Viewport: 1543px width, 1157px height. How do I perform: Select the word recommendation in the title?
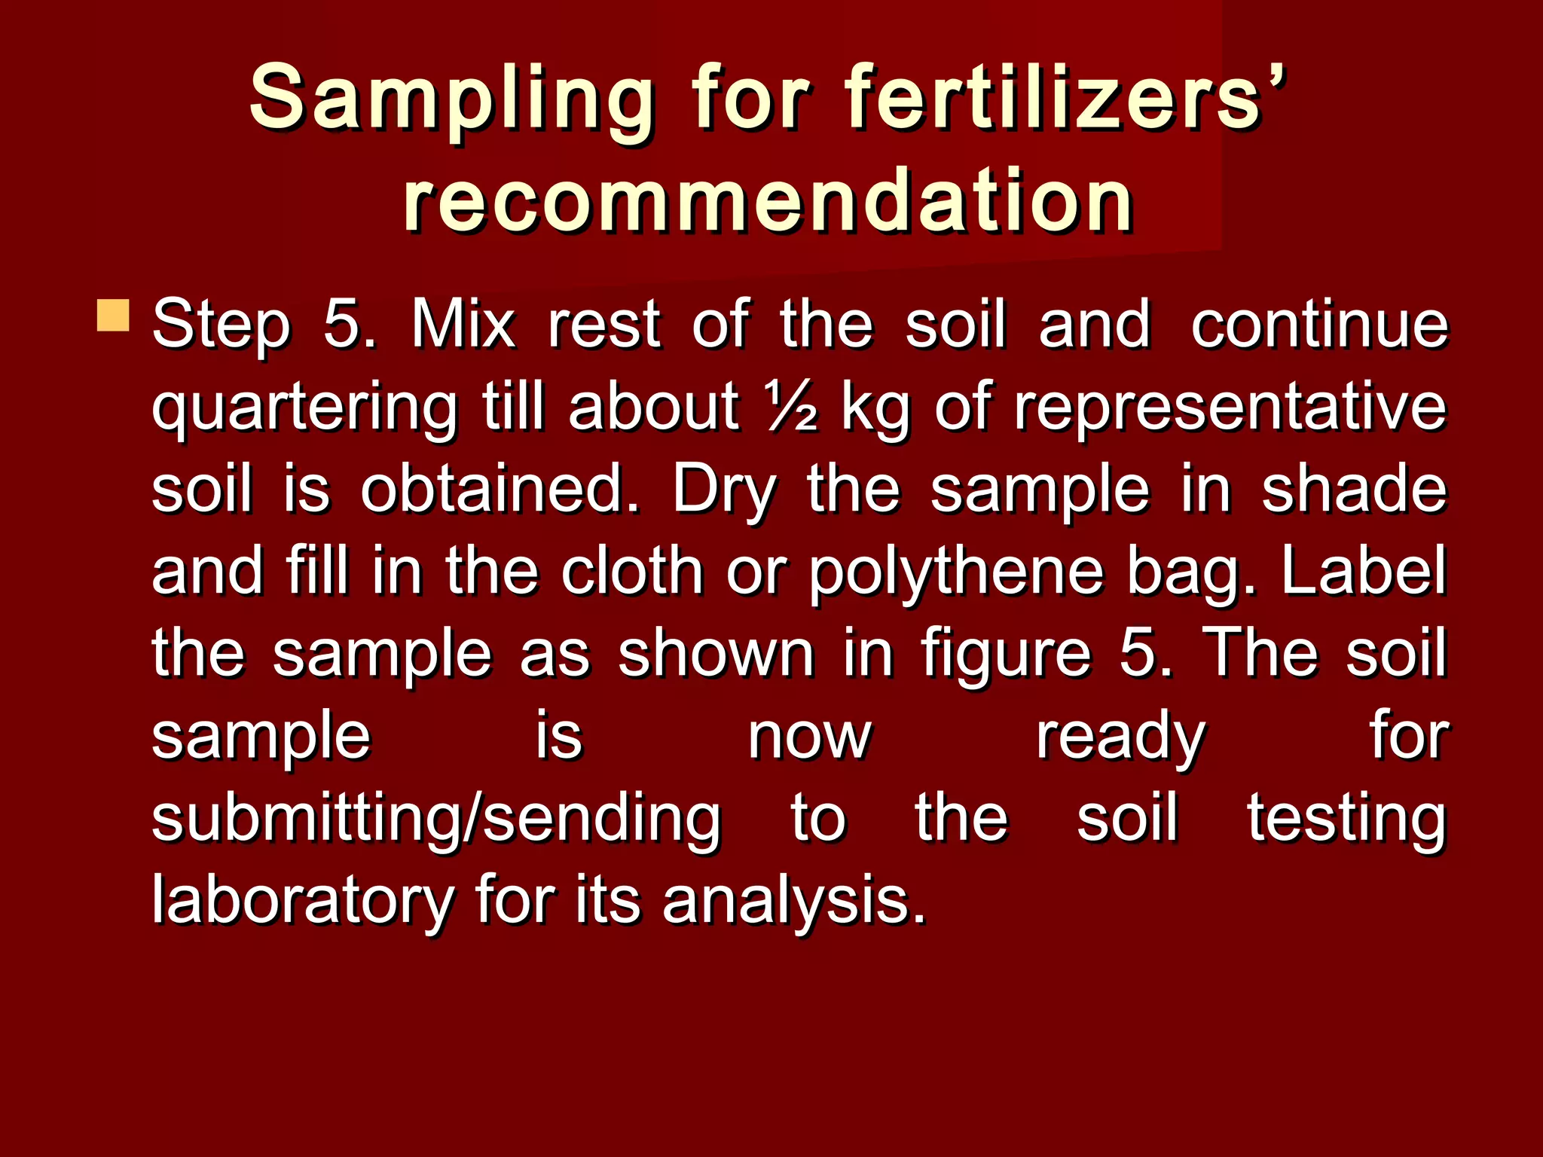768,200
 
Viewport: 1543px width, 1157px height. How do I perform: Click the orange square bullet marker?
113,316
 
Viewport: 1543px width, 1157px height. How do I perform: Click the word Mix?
463,325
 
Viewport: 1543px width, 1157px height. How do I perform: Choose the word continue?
1319,325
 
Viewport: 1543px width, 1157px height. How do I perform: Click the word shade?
1354,489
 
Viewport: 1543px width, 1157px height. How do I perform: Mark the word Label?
1363,571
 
